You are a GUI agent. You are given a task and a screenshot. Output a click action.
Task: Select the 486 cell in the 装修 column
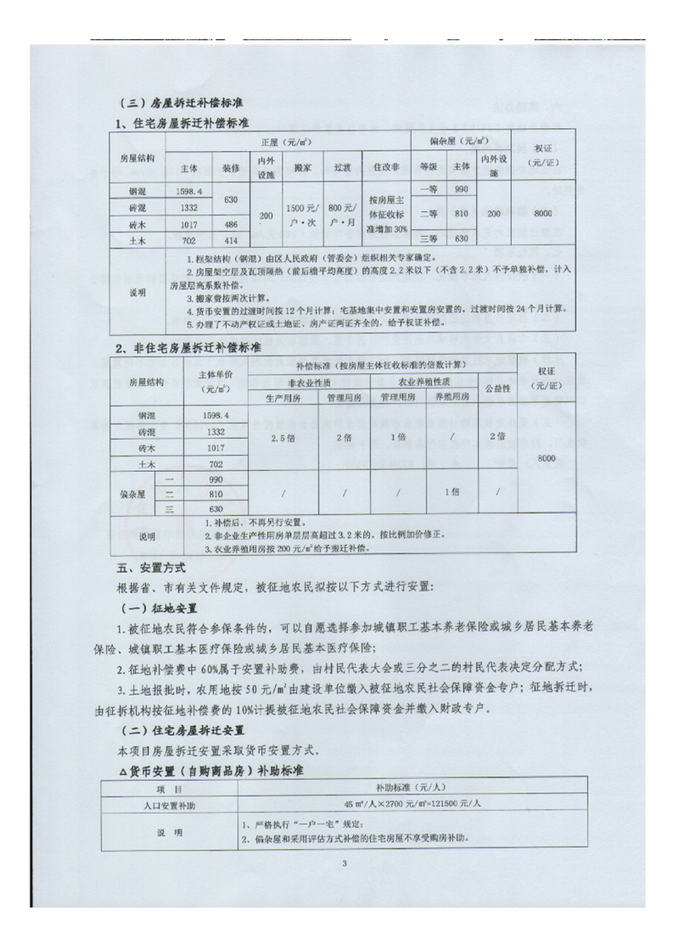coord(231,224)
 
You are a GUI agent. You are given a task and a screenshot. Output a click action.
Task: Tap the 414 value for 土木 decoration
coord(231,241)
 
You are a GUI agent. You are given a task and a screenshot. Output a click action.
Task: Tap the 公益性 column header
coord(496,389)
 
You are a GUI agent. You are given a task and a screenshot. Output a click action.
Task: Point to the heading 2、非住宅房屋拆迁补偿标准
coord(188,348)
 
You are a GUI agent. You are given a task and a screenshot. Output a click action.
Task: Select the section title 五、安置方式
coord(149,565)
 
